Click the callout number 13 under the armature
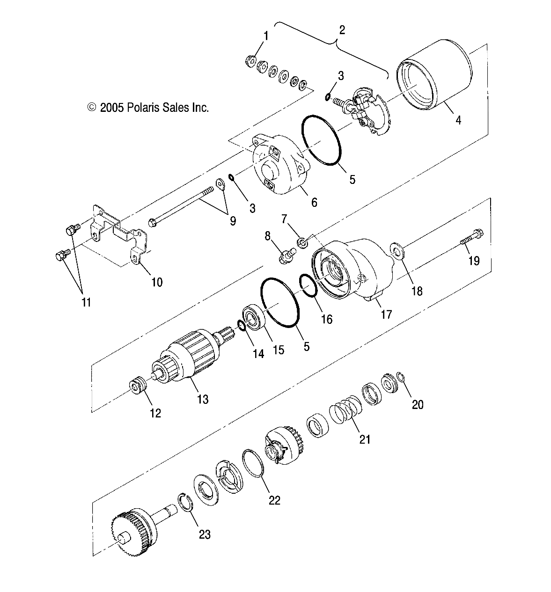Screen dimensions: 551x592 [203, 399]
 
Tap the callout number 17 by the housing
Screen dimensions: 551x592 [386, 314]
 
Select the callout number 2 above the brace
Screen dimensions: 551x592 [342, 30]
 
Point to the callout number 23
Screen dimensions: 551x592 [205, 534]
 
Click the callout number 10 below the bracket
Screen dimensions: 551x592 [157, 282]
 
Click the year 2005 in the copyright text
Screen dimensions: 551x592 [112, 107]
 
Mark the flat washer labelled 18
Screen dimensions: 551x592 [397, 251]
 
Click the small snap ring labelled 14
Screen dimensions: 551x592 [242, 325]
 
